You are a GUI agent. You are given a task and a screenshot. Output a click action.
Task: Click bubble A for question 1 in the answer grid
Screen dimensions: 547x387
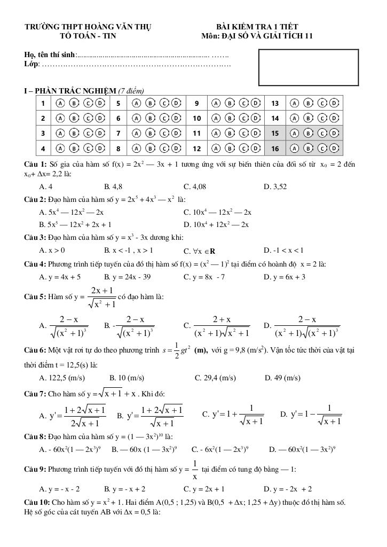60,103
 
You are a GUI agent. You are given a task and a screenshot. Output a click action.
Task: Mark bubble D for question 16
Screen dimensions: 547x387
334,147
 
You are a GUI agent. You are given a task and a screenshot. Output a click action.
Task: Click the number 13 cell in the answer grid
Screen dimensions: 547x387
275,103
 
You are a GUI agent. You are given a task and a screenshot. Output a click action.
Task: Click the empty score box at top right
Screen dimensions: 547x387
308,67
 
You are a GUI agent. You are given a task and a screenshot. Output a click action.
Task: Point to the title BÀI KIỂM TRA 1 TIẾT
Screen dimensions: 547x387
257,27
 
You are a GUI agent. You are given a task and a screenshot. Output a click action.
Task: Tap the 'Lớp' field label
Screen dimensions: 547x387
31,64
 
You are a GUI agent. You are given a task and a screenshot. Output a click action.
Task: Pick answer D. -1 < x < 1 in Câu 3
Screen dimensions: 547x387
283,250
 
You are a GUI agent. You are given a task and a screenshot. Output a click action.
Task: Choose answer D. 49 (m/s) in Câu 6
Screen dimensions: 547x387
282,378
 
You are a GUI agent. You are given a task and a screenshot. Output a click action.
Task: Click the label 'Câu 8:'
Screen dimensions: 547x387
35,436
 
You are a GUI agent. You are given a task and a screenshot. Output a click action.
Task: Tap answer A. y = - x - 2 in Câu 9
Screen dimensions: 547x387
59,489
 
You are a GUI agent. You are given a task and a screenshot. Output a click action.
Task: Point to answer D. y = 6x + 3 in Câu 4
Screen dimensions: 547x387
285,277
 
